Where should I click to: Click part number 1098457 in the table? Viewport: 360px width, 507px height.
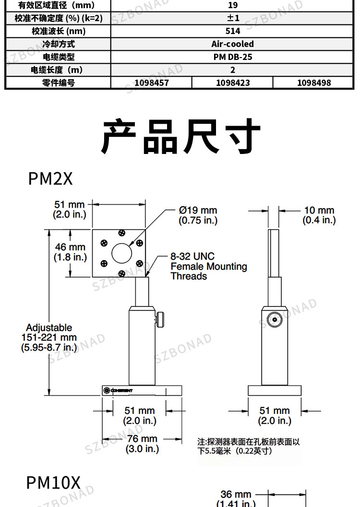(x=151, y=83)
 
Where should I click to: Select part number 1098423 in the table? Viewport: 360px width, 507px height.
(x=233, y=83)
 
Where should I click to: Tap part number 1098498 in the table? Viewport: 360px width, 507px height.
(x=314, y=83)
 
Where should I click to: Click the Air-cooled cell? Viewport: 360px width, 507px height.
(x=233, y=44)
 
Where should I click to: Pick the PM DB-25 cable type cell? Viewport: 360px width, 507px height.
(x=233, y=57)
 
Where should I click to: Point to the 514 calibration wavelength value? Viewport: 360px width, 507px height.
(x=233, y=31)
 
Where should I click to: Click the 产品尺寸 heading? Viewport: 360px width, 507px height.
(x=181, y=136)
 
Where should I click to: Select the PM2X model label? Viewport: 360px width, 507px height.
(x=50, y=178)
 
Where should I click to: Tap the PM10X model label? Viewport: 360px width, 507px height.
(x=53, y=483)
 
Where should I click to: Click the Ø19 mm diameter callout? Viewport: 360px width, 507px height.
(x=198, y=215)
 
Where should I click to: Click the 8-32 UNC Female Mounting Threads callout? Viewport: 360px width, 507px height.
(x=209, y=266)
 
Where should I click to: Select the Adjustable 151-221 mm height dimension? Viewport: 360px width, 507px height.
(x=49, y=338)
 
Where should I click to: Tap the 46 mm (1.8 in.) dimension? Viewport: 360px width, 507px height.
(x=70, y=252)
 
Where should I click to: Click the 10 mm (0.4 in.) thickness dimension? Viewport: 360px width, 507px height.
(x=319, y=215)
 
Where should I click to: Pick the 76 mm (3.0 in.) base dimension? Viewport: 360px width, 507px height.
(x=142, y=444)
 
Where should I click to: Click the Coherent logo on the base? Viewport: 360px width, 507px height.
(x=118, y=390)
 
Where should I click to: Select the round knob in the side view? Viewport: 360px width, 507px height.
(x=275, y=320)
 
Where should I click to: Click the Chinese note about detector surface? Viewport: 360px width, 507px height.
(x=249, y=446)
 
